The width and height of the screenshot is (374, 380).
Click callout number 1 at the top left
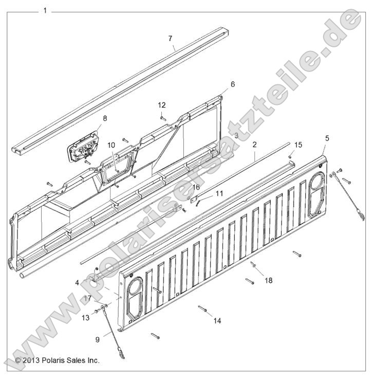point(45,10)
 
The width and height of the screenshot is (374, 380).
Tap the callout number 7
point(170,39)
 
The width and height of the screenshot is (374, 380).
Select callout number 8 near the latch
point(105,119)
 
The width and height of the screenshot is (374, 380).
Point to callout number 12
point(162,105)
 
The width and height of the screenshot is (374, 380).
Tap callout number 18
point(268,280)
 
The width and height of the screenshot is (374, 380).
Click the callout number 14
point(217,320)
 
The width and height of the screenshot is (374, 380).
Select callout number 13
point(85,318)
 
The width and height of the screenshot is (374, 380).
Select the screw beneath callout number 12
point(162,118)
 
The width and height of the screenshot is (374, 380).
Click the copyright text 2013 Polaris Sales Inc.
point(57,360)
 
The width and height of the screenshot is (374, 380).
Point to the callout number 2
point(254,145)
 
